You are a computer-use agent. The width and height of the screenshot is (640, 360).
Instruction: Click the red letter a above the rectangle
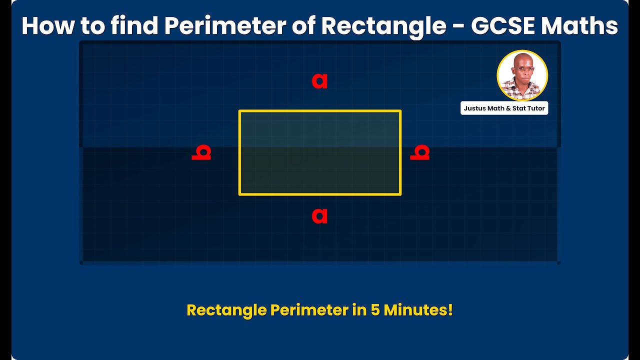(319, 80)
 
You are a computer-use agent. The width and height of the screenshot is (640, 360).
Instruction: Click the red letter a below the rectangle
(319, 215)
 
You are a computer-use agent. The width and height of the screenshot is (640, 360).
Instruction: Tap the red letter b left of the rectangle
(201, 152)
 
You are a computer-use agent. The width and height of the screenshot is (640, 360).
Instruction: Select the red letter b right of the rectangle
(420, 152)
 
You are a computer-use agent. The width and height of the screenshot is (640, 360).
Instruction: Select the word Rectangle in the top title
(383, 26)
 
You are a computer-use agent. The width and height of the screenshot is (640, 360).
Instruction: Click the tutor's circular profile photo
(522, 75)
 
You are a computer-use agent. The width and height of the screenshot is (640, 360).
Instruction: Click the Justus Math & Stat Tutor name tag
(504, 108)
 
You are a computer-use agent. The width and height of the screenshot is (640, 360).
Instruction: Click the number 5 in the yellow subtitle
(375, 310)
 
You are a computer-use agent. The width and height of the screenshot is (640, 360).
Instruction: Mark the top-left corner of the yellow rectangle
(240, 111)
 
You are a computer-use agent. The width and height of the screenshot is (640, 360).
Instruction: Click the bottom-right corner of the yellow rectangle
(400, 194)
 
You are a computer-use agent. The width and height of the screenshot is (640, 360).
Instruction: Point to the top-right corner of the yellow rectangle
(400, 111)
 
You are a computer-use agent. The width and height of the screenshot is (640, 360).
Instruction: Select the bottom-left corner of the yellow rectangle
(240, 194)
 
